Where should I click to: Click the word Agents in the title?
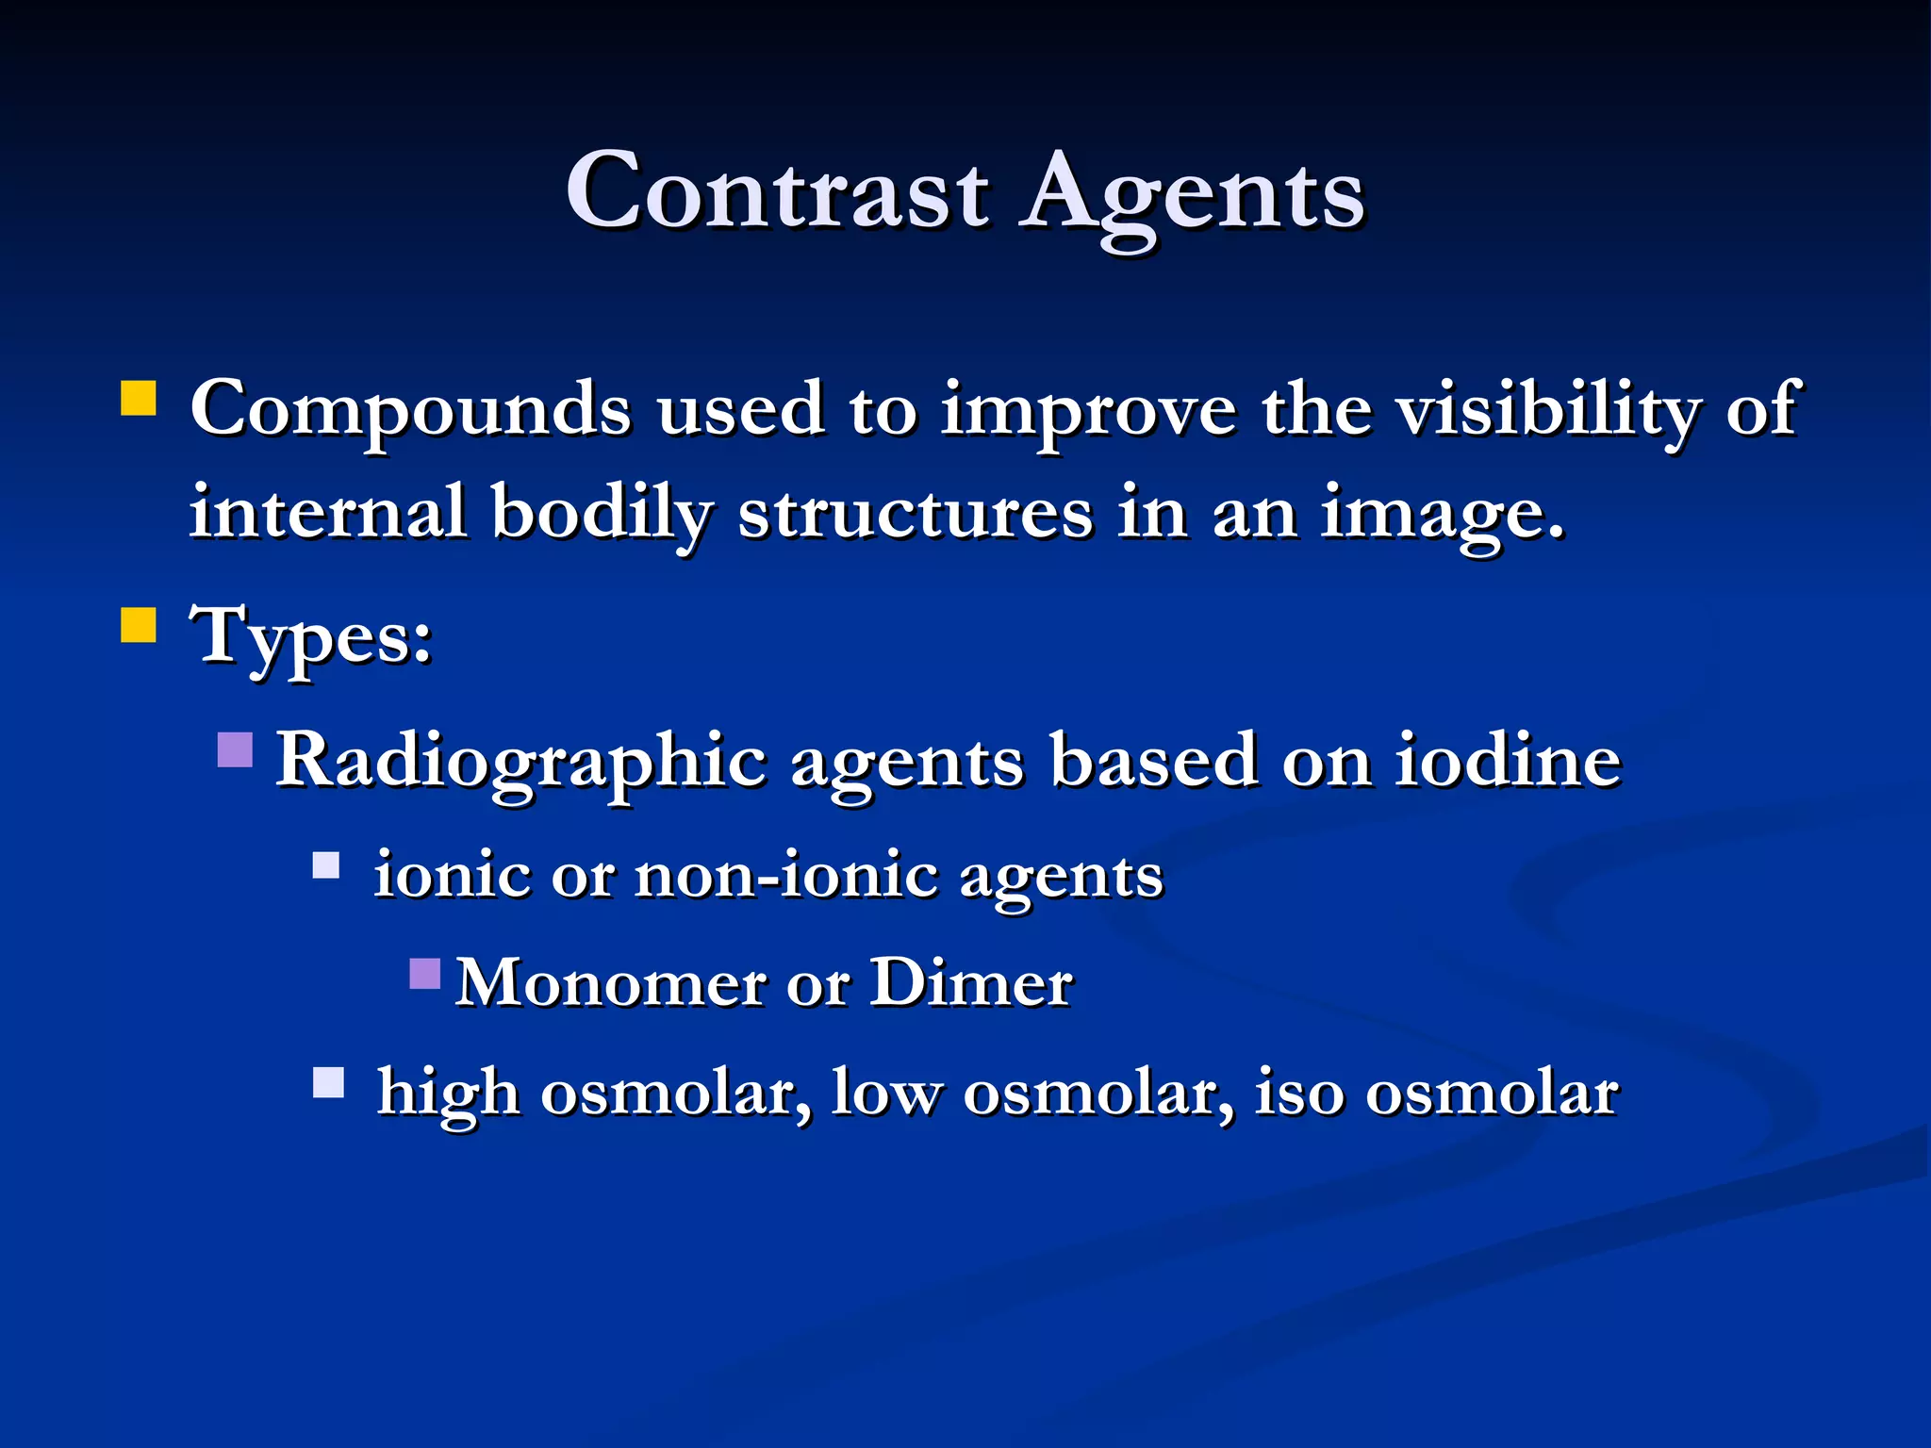[1194, 196]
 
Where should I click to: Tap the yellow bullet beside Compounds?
[139, 398]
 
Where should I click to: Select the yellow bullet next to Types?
[139, 624]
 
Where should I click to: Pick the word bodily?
[602, 515]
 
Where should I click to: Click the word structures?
[916, 515]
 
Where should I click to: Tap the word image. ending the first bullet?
[1443, 515]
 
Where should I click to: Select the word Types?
[312, 637]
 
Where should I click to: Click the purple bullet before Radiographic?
[235, 749]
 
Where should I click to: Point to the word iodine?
[1508, 760]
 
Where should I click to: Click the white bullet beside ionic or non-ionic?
[326, 864]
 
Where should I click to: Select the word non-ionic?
[786, 876]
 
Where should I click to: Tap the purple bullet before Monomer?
[425, 973]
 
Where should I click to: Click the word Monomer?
[609, 983]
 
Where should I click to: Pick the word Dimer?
[970, 983]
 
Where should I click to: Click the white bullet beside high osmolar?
[328, 1082]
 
